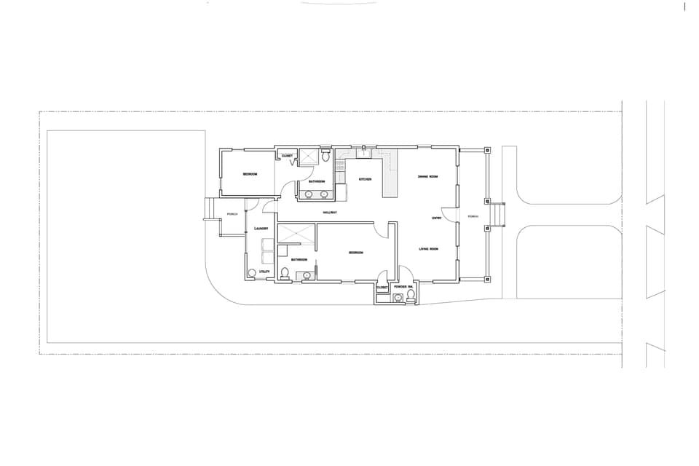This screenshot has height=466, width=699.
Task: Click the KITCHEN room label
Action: coord(365,179)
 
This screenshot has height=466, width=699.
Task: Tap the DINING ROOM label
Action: coord(427,177)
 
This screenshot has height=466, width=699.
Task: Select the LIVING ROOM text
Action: coord(428,250)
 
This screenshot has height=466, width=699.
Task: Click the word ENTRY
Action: coord(437,218)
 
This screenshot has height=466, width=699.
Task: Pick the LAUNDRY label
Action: coord(262,229)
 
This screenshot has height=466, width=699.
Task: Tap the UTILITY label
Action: coord(265,272)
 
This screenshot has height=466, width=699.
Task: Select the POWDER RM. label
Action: coord(403,288)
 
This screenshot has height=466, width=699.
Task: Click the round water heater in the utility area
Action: coord(252,273)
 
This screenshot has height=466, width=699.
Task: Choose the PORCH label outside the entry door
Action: coord(473,216)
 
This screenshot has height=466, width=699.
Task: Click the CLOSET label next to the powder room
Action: coord(382,288)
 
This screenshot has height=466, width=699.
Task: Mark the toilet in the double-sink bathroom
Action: coord(325,157)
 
